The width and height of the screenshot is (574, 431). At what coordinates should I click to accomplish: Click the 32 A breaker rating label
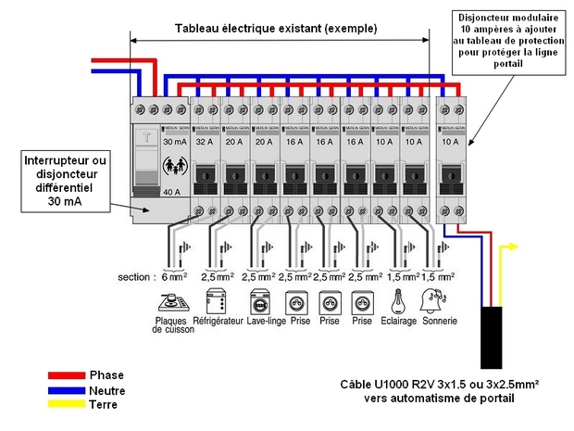(x=206, y=143)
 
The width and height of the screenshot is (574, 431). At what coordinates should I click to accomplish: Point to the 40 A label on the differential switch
(x=171, y=192)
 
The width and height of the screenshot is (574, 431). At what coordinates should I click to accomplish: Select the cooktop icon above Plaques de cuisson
(x=171, y=302)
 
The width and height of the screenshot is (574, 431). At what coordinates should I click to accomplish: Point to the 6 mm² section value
(x=174, y=277)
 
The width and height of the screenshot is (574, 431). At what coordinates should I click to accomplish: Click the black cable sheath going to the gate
(x=490, y=338)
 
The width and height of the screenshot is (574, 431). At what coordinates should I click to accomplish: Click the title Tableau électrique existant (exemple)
(x=276, y=28)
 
